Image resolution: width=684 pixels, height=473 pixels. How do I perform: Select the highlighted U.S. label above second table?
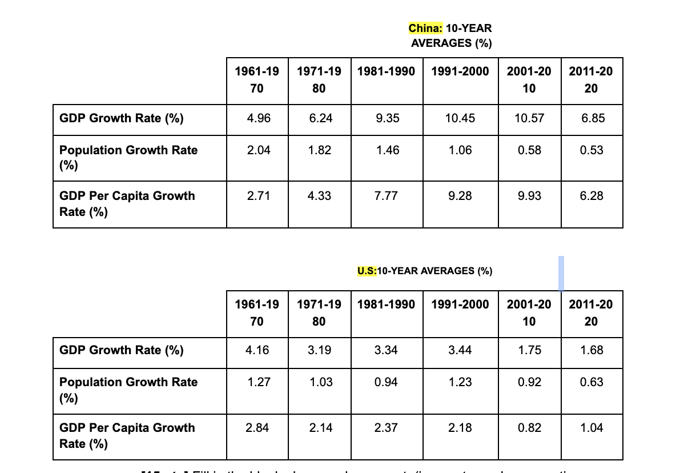click(x=367, y=271)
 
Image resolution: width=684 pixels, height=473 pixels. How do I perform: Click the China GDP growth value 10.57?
click(x=529, y=118)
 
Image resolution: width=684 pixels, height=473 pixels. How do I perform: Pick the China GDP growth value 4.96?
click(x=259, y=118)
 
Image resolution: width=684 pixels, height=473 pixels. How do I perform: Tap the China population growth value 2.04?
click(x=259, y=150)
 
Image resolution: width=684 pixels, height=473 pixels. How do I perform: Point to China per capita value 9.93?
click(x=529, y=196)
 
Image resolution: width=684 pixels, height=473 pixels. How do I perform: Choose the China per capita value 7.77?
click(x=387, y=196)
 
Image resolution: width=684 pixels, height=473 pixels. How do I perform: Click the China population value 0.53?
click(x=592, y=150)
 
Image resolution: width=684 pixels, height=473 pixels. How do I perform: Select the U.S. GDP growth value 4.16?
click(x=259, y=350)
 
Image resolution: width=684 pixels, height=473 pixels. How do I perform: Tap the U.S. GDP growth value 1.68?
click(x=592, y=350)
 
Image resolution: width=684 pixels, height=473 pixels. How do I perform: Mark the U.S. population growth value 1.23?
click(x=460, y=382)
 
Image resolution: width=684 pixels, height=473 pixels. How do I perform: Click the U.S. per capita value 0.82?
click(x=529, y=428)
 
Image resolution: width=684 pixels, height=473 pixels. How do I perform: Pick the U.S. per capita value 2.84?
click(x=259, y=428)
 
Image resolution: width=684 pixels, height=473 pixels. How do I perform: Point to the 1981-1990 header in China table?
click(x=387, y=73)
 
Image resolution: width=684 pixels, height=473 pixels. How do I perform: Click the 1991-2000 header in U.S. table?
click(x=460, y=304)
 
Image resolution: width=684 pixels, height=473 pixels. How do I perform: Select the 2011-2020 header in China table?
click(x=592, y=80)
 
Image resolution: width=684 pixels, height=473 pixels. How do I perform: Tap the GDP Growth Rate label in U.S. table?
click(x=122, y=350)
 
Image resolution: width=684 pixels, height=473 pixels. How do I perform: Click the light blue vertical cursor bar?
click(x=561, y=274)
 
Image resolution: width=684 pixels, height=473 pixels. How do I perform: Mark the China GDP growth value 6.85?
click(x=592, y=118)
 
